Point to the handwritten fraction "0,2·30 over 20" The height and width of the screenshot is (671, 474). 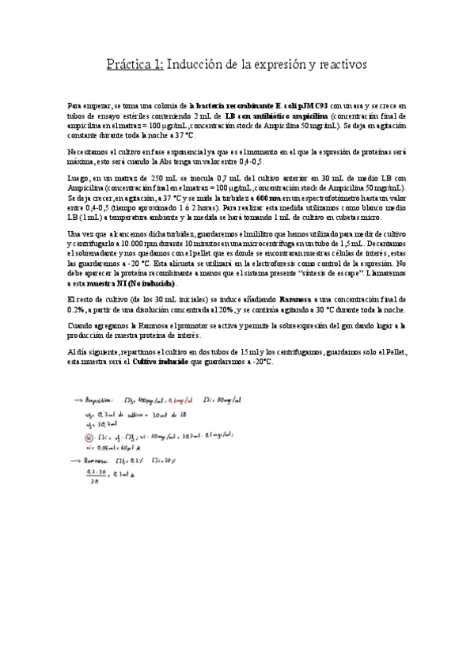[x=98, y=476]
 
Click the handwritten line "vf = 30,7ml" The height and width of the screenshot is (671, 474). [x=99, y=425]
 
